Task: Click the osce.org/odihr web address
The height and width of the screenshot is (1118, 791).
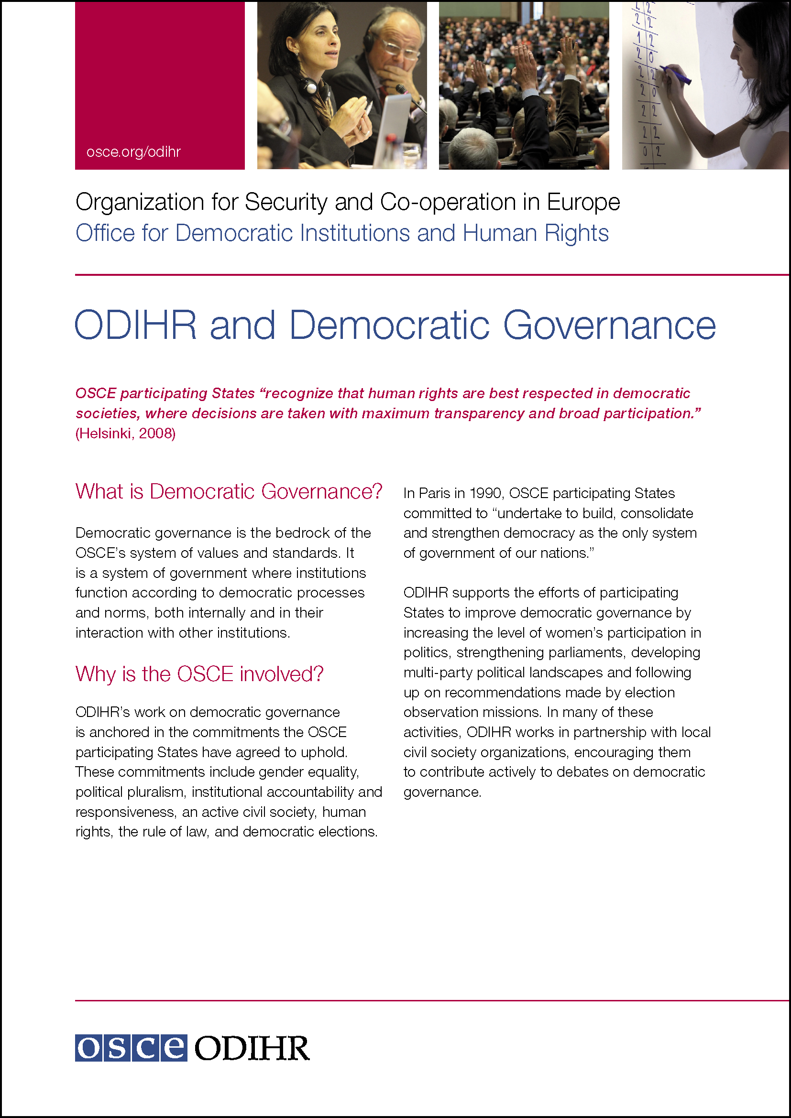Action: pyautogui.click(x=133, y=152)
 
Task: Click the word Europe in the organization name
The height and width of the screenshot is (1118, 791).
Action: pyautogui.click(x=583, y=202)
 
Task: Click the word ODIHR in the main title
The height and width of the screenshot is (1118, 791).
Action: pyautogui.click(x=136, y=326)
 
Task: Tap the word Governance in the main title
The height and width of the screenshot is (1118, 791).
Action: pyautogui.click(x=609, y=326)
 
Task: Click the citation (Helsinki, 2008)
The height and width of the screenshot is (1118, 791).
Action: pyautogui.click(x=125, y=434)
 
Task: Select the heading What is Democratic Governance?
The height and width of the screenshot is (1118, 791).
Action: pyautogui.click(x=229, y=491)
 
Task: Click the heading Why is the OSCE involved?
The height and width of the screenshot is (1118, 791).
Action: pyautogui.click(x=199, y=674)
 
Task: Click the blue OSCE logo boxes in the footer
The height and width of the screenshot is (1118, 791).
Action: pyautogui.click(x=131, y=1048)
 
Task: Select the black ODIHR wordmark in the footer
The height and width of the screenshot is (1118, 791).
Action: pyautogui.click(x=252, y=1048)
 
